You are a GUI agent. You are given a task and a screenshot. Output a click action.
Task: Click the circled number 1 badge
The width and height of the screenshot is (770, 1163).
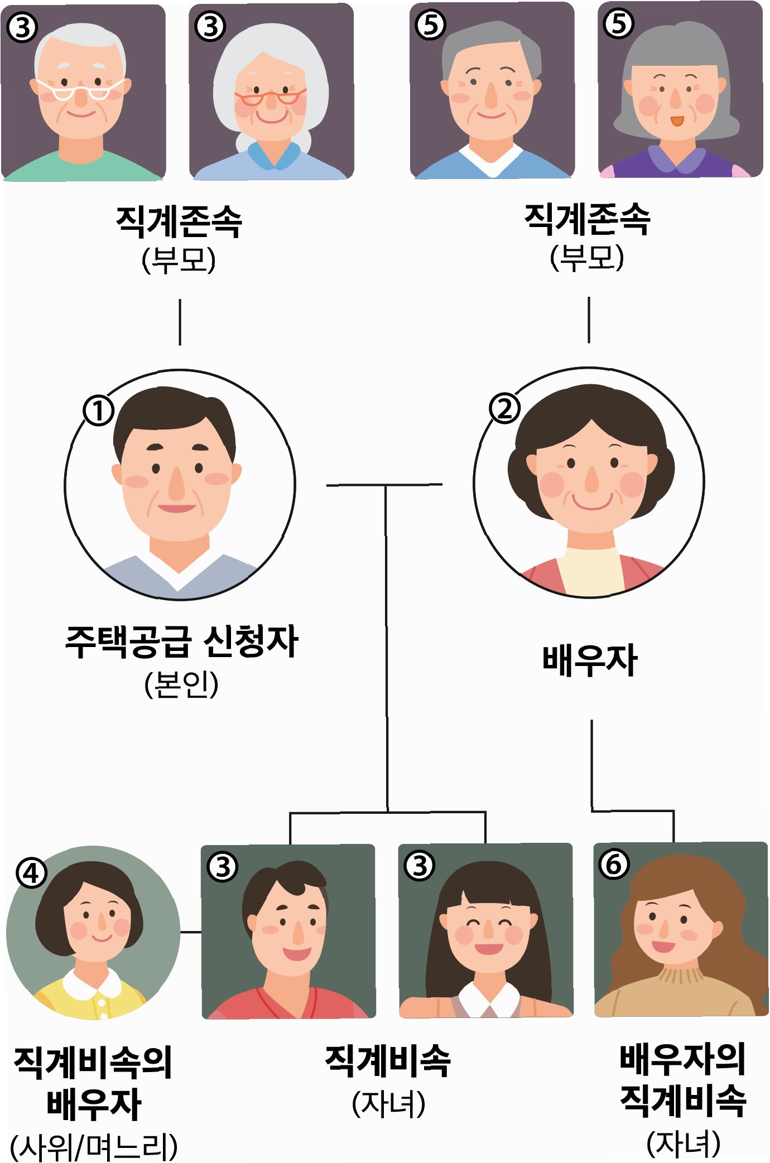[x=99, y=411]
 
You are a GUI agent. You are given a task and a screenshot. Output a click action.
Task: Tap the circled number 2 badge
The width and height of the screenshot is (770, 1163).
[x=504, y=409]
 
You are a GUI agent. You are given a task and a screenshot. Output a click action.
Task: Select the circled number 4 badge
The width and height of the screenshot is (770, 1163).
[x=31, y=873]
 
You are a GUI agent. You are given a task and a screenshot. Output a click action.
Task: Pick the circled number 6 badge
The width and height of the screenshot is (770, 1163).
[x=614, y=864]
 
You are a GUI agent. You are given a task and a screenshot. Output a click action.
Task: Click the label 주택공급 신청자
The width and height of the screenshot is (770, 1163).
[x=181, y=641]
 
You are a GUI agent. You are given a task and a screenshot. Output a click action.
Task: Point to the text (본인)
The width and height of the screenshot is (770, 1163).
[x=181, y=685]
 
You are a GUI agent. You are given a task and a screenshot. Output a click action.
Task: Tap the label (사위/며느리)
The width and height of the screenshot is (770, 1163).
[x=94, y=1147]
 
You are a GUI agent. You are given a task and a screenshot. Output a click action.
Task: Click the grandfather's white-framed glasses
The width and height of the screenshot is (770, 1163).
[x=81, y=89]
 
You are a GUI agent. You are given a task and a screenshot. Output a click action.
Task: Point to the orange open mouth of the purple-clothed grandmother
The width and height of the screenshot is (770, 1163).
[x=676, y=120]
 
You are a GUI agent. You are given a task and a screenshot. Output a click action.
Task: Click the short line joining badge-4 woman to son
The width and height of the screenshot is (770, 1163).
[x=191, y=932]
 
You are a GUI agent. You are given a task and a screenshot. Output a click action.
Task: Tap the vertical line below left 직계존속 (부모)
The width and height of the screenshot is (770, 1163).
[x=180, y=322]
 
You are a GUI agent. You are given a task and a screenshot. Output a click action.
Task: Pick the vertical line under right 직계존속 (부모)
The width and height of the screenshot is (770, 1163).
[x=589, y=320]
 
